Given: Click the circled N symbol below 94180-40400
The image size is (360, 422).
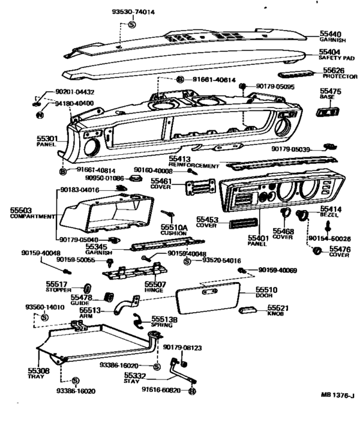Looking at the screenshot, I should (x=40, y=114).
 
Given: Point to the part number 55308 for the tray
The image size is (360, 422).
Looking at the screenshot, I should (x=38, y=371).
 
